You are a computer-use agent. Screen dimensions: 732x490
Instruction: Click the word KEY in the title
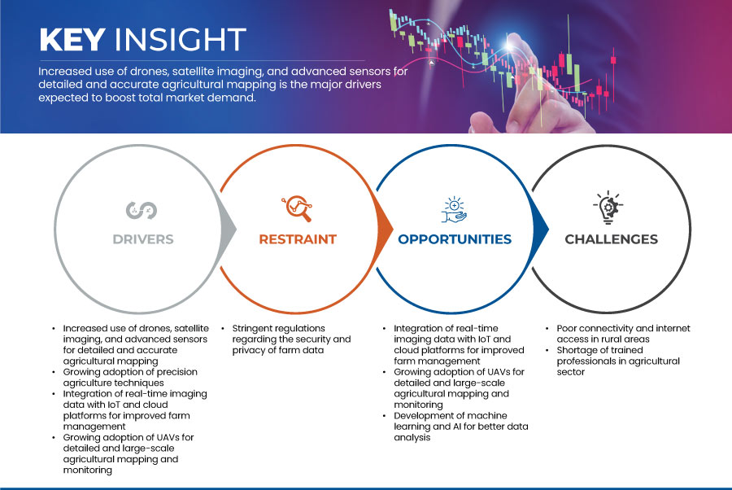coord(72,39)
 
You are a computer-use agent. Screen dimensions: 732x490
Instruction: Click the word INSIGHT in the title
coord(181,39)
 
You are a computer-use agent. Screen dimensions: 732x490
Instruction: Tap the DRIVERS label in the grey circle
coord(143,239)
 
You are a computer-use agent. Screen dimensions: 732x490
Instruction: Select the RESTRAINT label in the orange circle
coord(298,239)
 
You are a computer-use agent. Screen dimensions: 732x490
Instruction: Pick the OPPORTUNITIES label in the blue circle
coord(455,239)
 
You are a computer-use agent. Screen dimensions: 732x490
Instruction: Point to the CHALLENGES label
coord(611,239)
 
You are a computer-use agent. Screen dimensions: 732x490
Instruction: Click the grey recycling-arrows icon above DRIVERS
coord(142,210)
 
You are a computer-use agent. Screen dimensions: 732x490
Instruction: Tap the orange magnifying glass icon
coord(297,208)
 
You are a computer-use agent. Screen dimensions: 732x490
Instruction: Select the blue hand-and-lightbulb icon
coord(454,210)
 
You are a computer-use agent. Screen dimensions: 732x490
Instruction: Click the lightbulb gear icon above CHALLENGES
coord(608,207)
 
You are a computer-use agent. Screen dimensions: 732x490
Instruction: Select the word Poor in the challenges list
coord(566,328)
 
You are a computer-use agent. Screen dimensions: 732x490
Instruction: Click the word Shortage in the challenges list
coord(576,350)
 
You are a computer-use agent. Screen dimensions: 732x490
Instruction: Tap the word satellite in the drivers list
coord(191,328)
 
